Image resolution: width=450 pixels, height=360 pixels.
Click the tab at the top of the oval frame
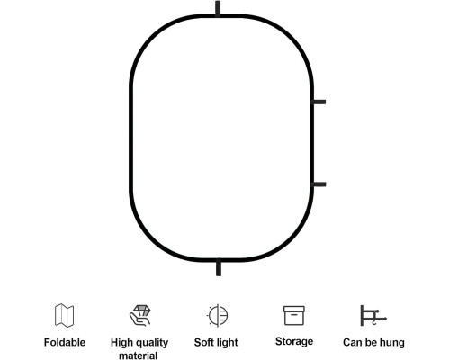coord(218,8)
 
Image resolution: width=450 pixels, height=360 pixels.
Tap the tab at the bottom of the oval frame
coord(219,268)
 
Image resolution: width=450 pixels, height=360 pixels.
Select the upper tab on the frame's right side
coord(319,102)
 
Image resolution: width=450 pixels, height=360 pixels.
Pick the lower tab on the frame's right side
coord(319,184)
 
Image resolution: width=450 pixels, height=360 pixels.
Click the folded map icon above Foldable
coord(65,315)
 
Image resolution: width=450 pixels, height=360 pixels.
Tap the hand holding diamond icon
coord(139,315)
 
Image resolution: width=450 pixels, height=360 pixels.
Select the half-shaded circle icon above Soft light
coord(217,315)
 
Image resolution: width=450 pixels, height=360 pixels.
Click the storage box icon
coord(294,315)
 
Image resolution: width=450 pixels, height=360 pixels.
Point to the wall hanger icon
coord(373,316)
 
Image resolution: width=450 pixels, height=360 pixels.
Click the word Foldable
coord(65,342)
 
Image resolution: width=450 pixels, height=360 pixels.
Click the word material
coord(139,355)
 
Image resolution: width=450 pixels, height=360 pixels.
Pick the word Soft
coord(203,342)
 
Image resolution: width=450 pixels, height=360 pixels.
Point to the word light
coord(227,343)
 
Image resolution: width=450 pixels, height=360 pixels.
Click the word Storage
coord(294,341)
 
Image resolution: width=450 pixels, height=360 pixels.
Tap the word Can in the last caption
coord(353,342)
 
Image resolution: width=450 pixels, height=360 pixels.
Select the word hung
coord(392,343)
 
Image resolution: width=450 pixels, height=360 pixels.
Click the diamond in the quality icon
coord(141,310)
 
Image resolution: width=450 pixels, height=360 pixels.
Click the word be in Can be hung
coord(371,342)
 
